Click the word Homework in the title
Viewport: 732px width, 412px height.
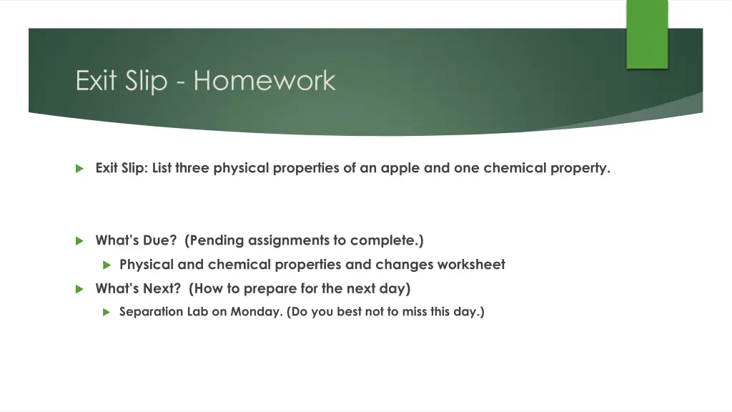[264, 80]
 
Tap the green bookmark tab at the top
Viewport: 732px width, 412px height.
[647, 34]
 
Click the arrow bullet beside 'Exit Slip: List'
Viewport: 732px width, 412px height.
[79, 169]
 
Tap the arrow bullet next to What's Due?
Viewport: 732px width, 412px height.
[79, 241]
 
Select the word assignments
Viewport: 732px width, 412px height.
[289, 241]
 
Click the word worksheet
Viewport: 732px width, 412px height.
[471, 265]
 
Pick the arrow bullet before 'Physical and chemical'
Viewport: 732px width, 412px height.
[107, 265]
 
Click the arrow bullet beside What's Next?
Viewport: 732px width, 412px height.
[79, 289]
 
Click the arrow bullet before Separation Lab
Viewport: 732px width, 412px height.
[107, 312]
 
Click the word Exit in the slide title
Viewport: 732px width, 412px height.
[96, 80]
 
